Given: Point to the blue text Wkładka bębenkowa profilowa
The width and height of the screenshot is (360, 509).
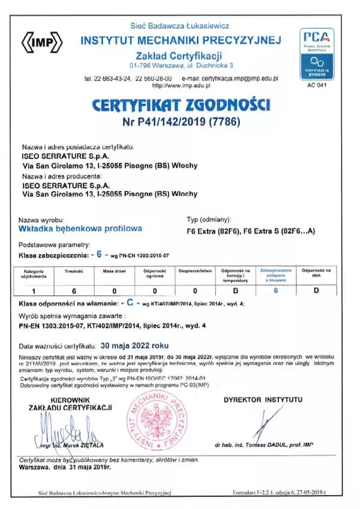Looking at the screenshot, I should [x=80, y=228].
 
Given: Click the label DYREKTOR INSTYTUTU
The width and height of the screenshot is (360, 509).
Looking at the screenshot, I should [x=263, y=399].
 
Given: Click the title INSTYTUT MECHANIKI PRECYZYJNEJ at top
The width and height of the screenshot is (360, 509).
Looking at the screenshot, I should [x=181, y=41].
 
